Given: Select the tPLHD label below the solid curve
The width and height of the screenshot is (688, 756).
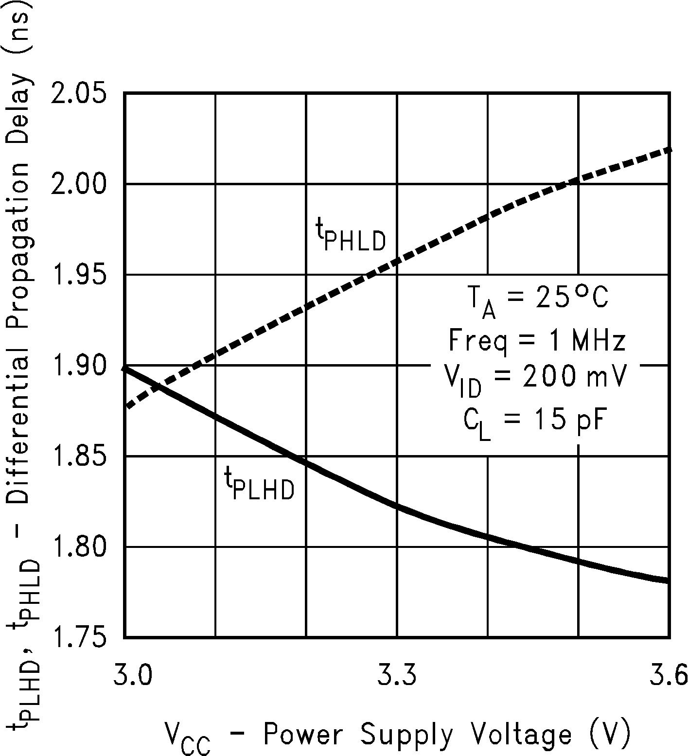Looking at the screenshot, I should point(259,484).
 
